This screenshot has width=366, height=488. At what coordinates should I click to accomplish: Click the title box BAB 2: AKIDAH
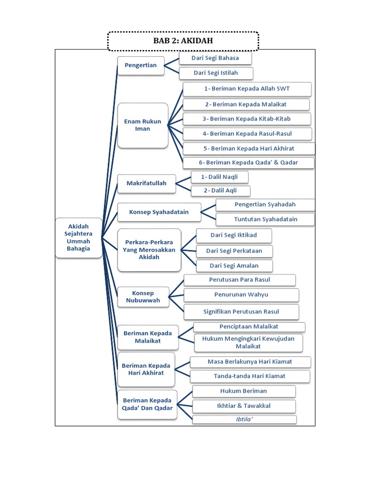pyautogui.click(x=183, y=41)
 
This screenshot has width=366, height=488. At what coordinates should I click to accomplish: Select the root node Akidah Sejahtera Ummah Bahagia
pyautogui.click(x=79, y=237)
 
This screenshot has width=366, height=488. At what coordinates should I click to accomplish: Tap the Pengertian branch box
pyautogui.click(x=141, y=65)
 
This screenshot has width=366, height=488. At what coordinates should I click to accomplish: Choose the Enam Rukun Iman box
pyautogui.click(x=142, y=125)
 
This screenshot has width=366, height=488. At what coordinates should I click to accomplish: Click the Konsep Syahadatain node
pyautogui.click(x=159, y=212)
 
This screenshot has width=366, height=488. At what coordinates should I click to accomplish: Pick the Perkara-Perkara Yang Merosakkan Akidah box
pyautogui.click(x=149, y=249)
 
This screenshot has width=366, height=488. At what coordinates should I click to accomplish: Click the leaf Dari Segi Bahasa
pyautogui.click(x=215, y=58)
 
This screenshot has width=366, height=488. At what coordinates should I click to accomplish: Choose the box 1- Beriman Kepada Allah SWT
pyautogui.click(x=247, y=89)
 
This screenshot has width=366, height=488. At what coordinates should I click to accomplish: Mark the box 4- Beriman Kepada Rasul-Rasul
pyautogui.click(x=247, y=133)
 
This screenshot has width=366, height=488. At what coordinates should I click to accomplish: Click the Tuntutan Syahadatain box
pyautogui.click(x=265, y=219)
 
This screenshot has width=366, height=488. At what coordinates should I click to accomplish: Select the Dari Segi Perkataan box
pyautogui.click(x=234, y=251)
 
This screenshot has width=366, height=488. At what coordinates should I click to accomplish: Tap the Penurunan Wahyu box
pyautogui.click(x=241, y=295)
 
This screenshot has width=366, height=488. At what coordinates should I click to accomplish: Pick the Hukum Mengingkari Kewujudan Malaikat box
pyautogui.click(x=248, y=342)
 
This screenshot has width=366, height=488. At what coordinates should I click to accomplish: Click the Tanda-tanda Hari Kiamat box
pyautogui.click(x=250, y=376)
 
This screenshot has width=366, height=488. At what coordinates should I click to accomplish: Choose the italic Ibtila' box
pyautogui.click(x=244, y=419)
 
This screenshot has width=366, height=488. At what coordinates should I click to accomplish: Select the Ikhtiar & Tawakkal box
pyautogui.click(x=244, y=406)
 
